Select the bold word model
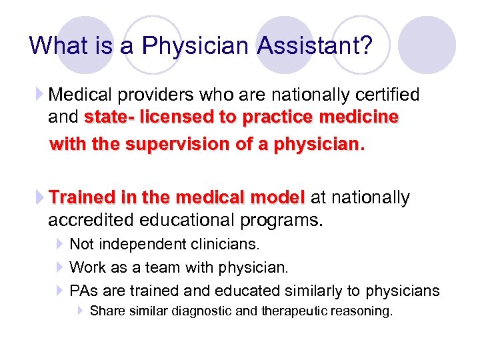click(277, 198)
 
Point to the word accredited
click(95, 220)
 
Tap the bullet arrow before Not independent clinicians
click(59, 245)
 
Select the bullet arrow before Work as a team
click(59, 268)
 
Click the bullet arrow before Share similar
click(80, 311)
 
